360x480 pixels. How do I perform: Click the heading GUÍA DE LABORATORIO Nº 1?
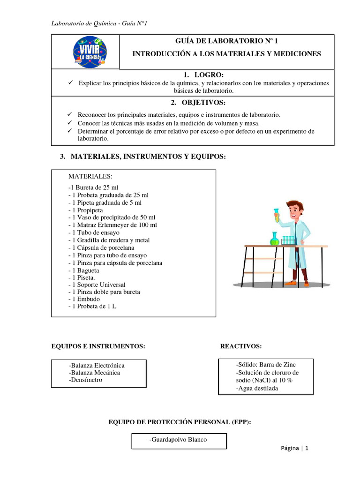226,41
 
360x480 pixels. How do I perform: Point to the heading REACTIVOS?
241,346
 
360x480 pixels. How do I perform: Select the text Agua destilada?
257,388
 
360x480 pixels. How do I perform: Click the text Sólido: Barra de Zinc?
266,364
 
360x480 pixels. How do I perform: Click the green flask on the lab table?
274,240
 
